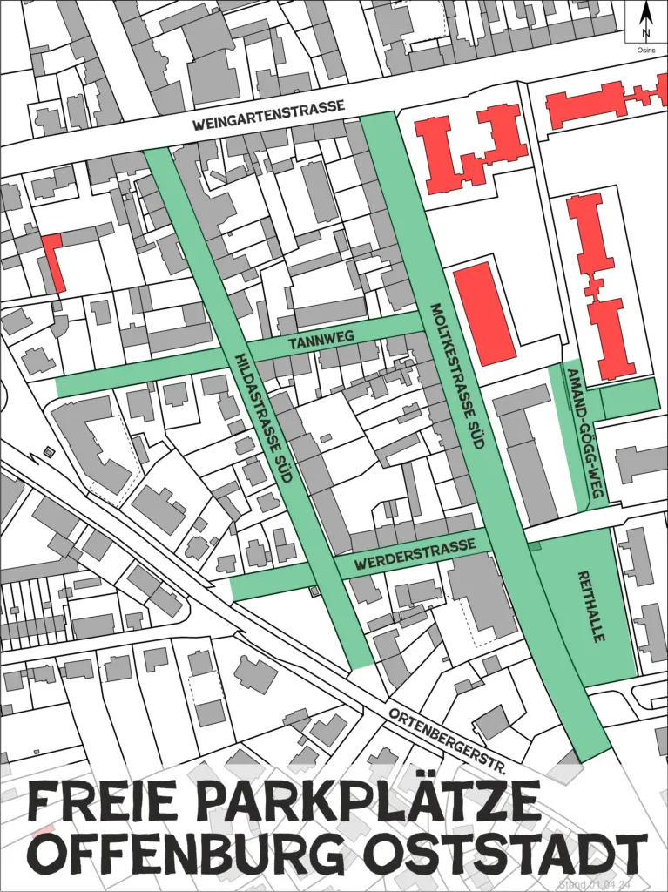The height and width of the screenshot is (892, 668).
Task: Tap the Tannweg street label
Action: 312,341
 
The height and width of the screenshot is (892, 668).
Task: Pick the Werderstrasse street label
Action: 415,554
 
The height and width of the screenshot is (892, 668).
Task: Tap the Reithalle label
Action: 592,607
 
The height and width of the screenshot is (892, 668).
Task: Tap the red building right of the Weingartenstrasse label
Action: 470,145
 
